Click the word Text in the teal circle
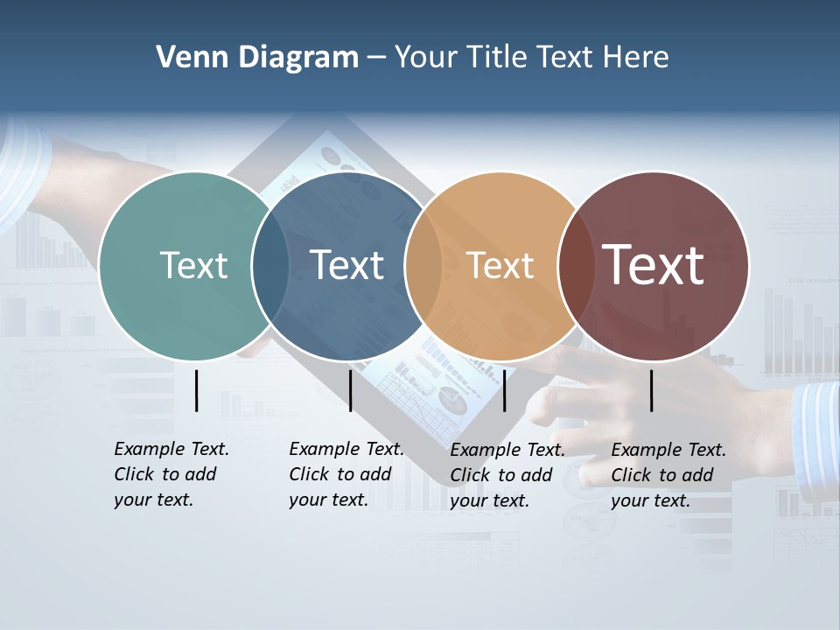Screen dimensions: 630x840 193,265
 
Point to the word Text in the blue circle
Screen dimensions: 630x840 347,265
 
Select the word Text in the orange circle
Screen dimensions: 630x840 500,265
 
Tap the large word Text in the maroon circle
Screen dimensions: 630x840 654,264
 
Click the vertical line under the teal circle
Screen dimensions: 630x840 197,390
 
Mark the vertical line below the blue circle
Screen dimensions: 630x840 350,390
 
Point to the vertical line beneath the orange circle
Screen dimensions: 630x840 505,390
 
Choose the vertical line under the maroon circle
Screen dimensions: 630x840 652,390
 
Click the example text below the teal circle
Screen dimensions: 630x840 171,474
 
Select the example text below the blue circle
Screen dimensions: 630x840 346,474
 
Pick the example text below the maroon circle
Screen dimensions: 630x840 668,475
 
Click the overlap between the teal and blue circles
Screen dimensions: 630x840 270,265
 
